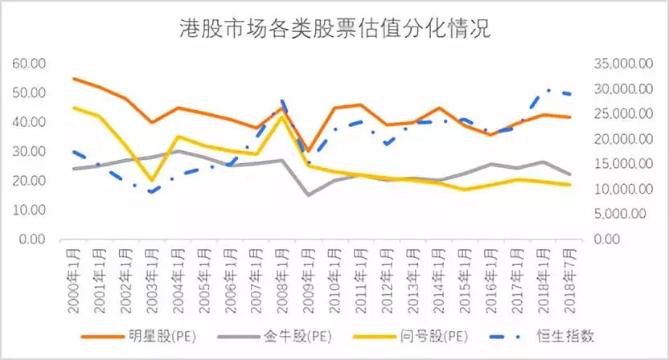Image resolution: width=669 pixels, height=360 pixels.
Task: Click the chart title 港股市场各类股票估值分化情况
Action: [334, 29]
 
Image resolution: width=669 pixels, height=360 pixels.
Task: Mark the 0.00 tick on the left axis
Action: [35, 239]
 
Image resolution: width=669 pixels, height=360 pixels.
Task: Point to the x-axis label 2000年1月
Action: [74, 277]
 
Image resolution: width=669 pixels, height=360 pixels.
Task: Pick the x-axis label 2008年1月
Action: [282, 277]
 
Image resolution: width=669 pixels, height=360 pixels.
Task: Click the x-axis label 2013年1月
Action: [412, 277]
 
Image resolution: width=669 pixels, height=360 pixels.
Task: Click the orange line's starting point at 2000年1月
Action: [73, 79]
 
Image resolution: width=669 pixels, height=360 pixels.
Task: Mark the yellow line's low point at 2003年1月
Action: [151, 181]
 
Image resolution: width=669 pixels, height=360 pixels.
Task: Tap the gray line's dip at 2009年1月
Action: [308, 194]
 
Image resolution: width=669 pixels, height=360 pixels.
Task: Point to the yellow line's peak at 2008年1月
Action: [281, 116]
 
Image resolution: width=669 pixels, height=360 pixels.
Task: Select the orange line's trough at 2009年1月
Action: [308, 151]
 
